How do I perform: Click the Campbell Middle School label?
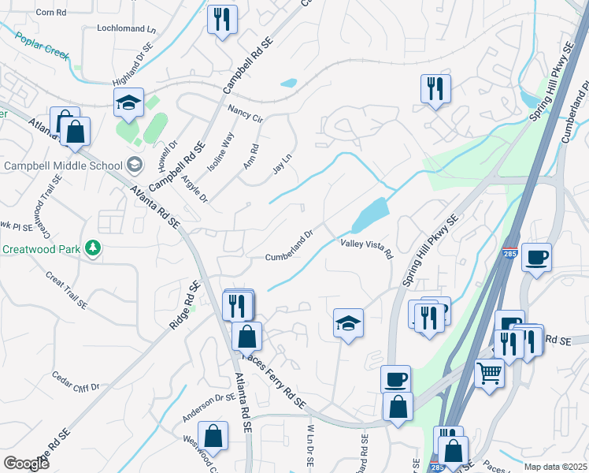click(63, 166)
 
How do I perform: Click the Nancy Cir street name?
click(244, 114)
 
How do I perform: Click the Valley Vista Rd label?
click(366, 248)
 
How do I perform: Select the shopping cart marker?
click(490, 372)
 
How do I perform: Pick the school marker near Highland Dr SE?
click(128, 101)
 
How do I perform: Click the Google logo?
click(26, 464)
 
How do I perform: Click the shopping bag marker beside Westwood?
click(213, 435)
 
